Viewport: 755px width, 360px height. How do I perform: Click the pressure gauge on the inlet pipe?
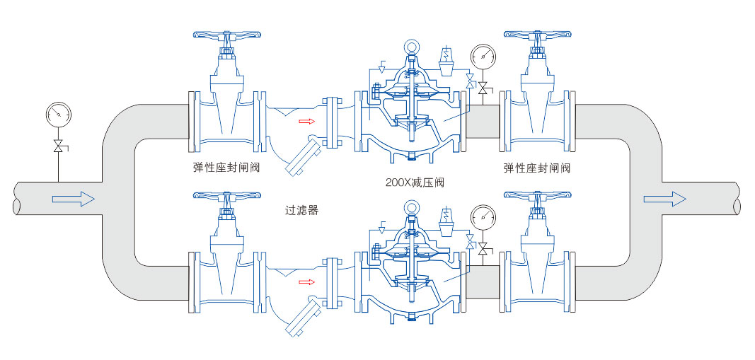click(57, 112)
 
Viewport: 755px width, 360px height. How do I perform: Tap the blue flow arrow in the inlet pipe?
click(74, 199)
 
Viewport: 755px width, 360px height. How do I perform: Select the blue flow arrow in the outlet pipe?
click(664, 199)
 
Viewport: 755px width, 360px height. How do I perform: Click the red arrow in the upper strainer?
click(306, 121)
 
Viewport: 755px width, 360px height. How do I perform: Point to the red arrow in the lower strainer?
click(306, 282)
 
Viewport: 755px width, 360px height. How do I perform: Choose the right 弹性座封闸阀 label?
click(537, 168)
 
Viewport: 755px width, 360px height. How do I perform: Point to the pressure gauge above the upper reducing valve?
click(484, 54)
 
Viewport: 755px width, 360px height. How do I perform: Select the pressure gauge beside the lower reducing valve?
click(484, 215)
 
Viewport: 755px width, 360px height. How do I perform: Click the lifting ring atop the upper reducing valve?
click(411, 47)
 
